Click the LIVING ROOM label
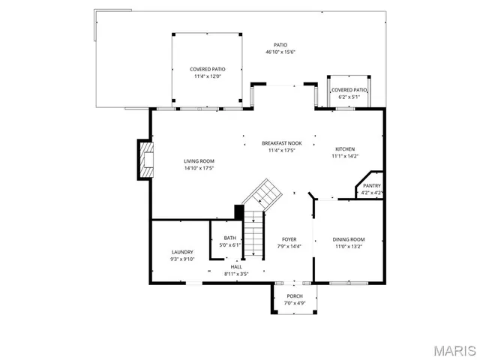pyautogui.click(x=199, y=161)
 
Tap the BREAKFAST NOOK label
pyautogui.click(x=282, y=143)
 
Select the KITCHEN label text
pyautogui.click(x=345, y=149)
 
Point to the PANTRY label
pyautogui.click(x=372, y=186)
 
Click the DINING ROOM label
pyautogui.click(x=348, y=239)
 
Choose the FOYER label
pyautogui.click(x=289, y=239)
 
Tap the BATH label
pyautogui.click(x=229, y=238)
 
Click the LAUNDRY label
pyautogui.click(x=182, y=252)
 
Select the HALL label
pyautogui.click(x=236, y=267)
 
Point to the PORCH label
pyautogui.click(x=295, y=296)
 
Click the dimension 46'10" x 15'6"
pyautogui.click(x=280, y=52)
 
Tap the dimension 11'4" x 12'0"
pyautogui.click(x=208, y=76)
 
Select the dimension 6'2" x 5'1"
pyautogui.click(x=349, y=97)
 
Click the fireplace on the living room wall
pyautogui.click(x=145, y=160)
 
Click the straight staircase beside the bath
pyautogui.click(x=256, y=233)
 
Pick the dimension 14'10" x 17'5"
pyautogui.click(x=199, y=168)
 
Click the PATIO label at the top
pyautogui.click(x=280, y=45)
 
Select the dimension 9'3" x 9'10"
pyautogui.click(x=182, y=259)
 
